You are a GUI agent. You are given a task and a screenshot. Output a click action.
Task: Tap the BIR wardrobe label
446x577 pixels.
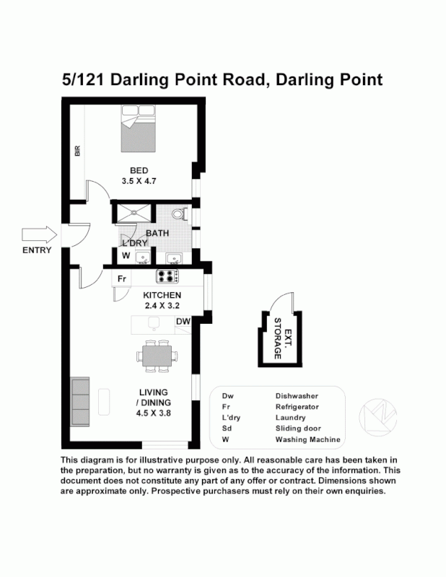click(x=76, y=151)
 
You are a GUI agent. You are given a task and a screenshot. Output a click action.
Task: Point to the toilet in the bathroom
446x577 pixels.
click(x=180, y=215)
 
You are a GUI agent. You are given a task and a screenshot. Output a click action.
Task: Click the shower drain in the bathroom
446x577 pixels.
click(x=133, y=214)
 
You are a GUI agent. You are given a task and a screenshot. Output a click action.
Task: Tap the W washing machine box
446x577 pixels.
click(x=126, y=256)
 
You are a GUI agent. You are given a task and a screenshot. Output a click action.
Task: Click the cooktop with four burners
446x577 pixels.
click(x=169, y=276)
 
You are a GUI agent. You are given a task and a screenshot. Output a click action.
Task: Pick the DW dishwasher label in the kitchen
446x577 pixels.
click(x=183, y=322)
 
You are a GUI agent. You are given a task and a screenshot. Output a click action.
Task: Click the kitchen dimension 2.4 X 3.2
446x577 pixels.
click(x=162, y=305)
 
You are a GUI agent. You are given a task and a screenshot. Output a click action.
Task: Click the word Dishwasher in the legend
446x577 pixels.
click(x=297, y=396)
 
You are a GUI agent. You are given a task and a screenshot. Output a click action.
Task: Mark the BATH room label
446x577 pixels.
click(x=158, y=233)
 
